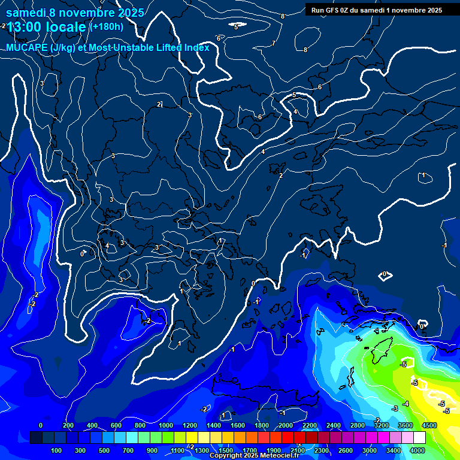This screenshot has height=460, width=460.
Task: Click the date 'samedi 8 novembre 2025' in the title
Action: (75, 13)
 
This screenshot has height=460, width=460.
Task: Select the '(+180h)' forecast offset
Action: (106, 26)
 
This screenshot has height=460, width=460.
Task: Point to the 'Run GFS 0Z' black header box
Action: (376, 10)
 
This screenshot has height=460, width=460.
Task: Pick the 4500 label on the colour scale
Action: (429, 425)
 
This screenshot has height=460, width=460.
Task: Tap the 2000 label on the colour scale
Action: (286, 425)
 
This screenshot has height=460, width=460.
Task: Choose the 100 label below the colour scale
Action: (56, 450)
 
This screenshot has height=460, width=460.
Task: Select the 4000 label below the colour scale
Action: (417, 450)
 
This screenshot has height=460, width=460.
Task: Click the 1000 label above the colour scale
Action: (166, 425)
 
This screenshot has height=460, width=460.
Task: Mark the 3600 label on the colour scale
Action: (405, 425)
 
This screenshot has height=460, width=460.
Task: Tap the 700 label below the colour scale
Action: (129, 450)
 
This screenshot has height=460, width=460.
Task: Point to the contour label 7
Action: (273, 43)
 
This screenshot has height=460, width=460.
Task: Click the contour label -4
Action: (406, 404)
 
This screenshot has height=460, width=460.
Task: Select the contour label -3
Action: (395, 408)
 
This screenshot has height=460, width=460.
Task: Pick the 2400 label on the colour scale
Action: (334, 425)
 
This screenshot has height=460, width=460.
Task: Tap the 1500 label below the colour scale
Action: (225, 450)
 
